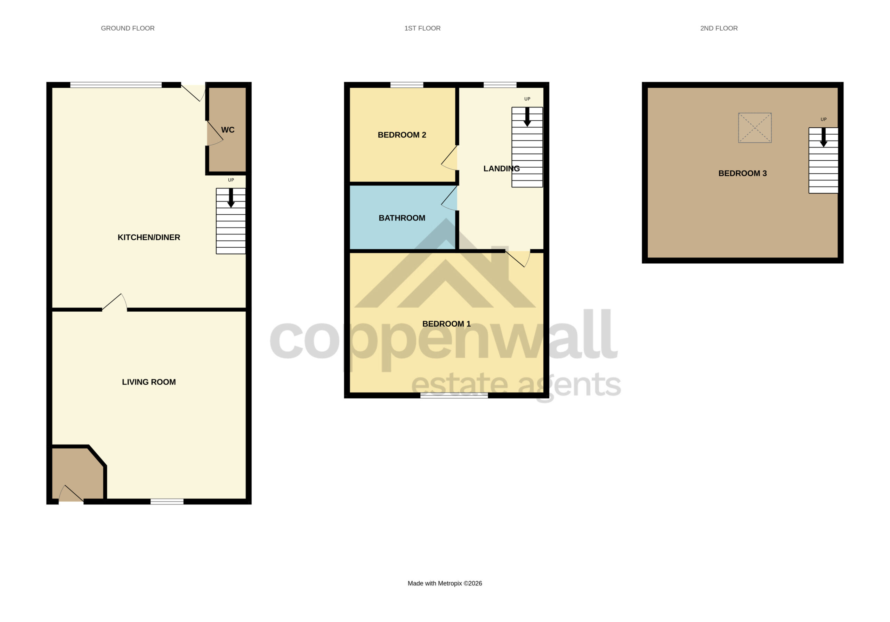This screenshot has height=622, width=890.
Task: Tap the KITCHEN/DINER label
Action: coord(149,237)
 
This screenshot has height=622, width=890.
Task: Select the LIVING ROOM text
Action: coord(149,382)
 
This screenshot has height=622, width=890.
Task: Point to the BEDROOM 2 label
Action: coord(402,135)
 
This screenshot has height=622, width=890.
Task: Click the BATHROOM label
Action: coord(402,218)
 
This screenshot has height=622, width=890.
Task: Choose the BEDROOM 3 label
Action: coord(742,173)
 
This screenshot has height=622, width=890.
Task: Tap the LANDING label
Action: coord(501,168)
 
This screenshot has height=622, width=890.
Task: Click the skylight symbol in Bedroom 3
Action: coord(755,128)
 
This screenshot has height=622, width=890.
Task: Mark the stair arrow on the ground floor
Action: coord(231,198)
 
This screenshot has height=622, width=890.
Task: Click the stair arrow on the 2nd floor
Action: coord(824,137)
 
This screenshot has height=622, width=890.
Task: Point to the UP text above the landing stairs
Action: coord(527,99)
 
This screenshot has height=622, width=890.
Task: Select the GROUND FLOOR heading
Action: coord(128,28)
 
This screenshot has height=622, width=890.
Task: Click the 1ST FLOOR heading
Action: coord(422,28)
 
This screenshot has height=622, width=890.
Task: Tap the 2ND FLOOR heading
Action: coord(719,28)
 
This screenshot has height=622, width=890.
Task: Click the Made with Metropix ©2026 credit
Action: coord(445,583)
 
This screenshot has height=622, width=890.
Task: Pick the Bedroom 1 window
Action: coord(454,395)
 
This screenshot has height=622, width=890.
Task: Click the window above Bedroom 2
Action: coord(407,85)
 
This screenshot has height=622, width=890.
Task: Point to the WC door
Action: coord(215,133)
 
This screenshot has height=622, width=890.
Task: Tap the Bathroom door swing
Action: coord(449,198)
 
